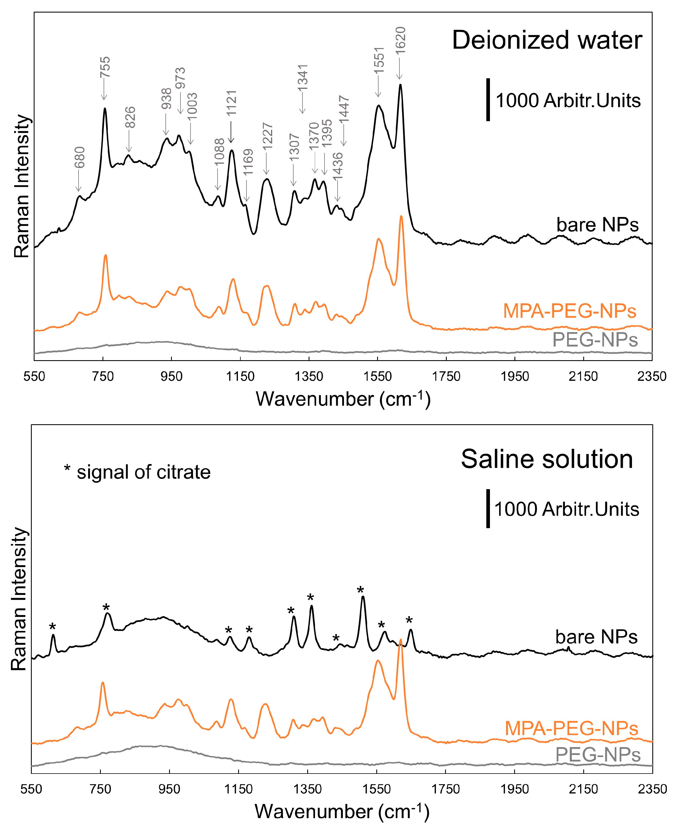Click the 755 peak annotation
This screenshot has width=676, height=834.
pos(105,67)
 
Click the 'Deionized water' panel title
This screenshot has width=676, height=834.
pos(547,40)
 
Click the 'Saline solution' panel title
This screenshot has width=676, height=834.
pos(547,459)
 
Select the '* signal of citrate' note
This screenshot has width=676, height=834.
pos(137,472)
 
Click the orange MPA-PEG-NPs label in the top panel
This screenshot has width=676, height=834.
pos(570,311)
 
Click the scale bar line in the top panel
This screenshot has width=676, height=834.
pos(488,100)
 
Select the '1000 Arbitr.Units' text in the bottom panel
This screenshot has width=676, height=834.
pos(567,509)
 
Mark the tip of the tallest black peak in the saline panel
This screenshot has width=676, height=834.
pos(363,596)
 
